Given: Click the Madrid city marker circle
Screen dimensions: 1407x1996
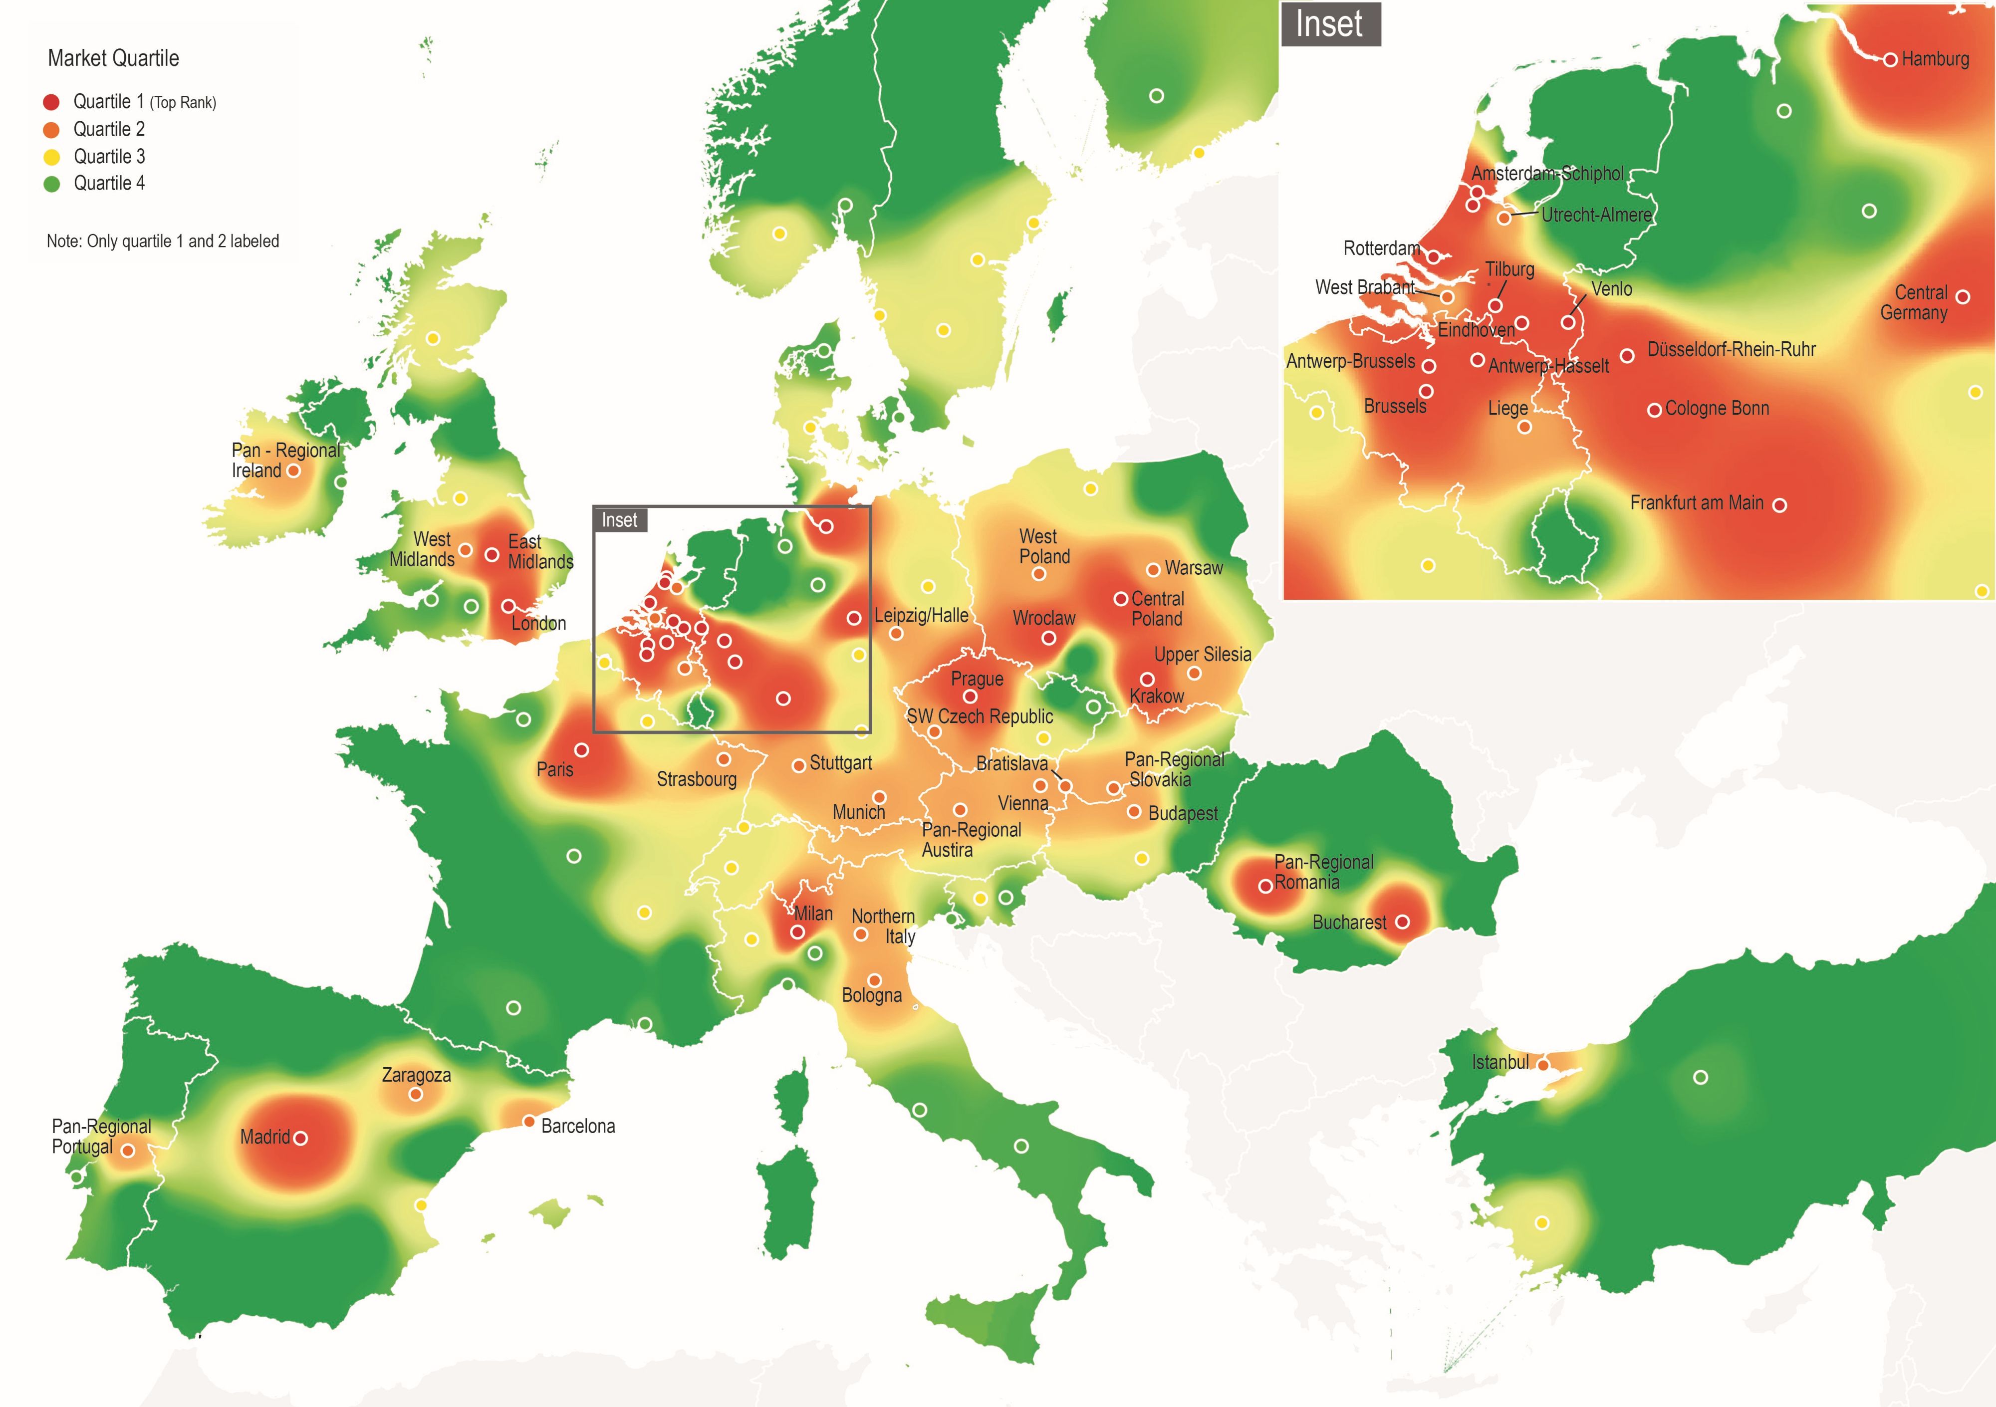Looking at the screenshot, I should pos(301,1138).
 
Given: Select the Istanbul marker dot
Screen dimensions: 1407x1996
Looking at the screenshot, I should pos(1543,1065).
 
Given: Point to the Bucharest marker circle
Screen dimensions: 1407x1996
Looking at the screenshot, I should pos(1402,922).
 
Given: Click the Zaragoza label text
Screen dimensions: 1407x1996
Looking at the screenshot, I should pos(416,1075).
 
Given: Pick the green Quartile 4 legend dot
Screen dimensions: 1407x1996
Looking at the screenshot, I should pos(51,184).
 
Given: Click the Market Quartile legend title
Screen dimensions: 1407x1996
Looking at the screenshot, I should pos(113,58).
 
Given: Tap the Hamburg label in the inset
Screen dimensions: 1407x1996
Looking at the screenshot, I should pos(1935,59).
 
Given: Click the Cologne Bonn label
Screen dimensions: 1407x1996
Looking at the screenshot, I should pos(1717,409).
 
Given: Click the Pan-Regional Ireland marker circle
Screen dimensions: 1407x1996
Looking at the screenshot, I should pos(294,471).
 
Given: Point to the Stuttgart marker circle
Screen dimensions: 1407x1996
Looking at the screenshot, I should pos(798,766).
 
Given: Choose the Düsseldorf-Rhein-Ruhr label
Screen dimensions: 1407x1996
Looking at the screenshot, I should pos(1731,349).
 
